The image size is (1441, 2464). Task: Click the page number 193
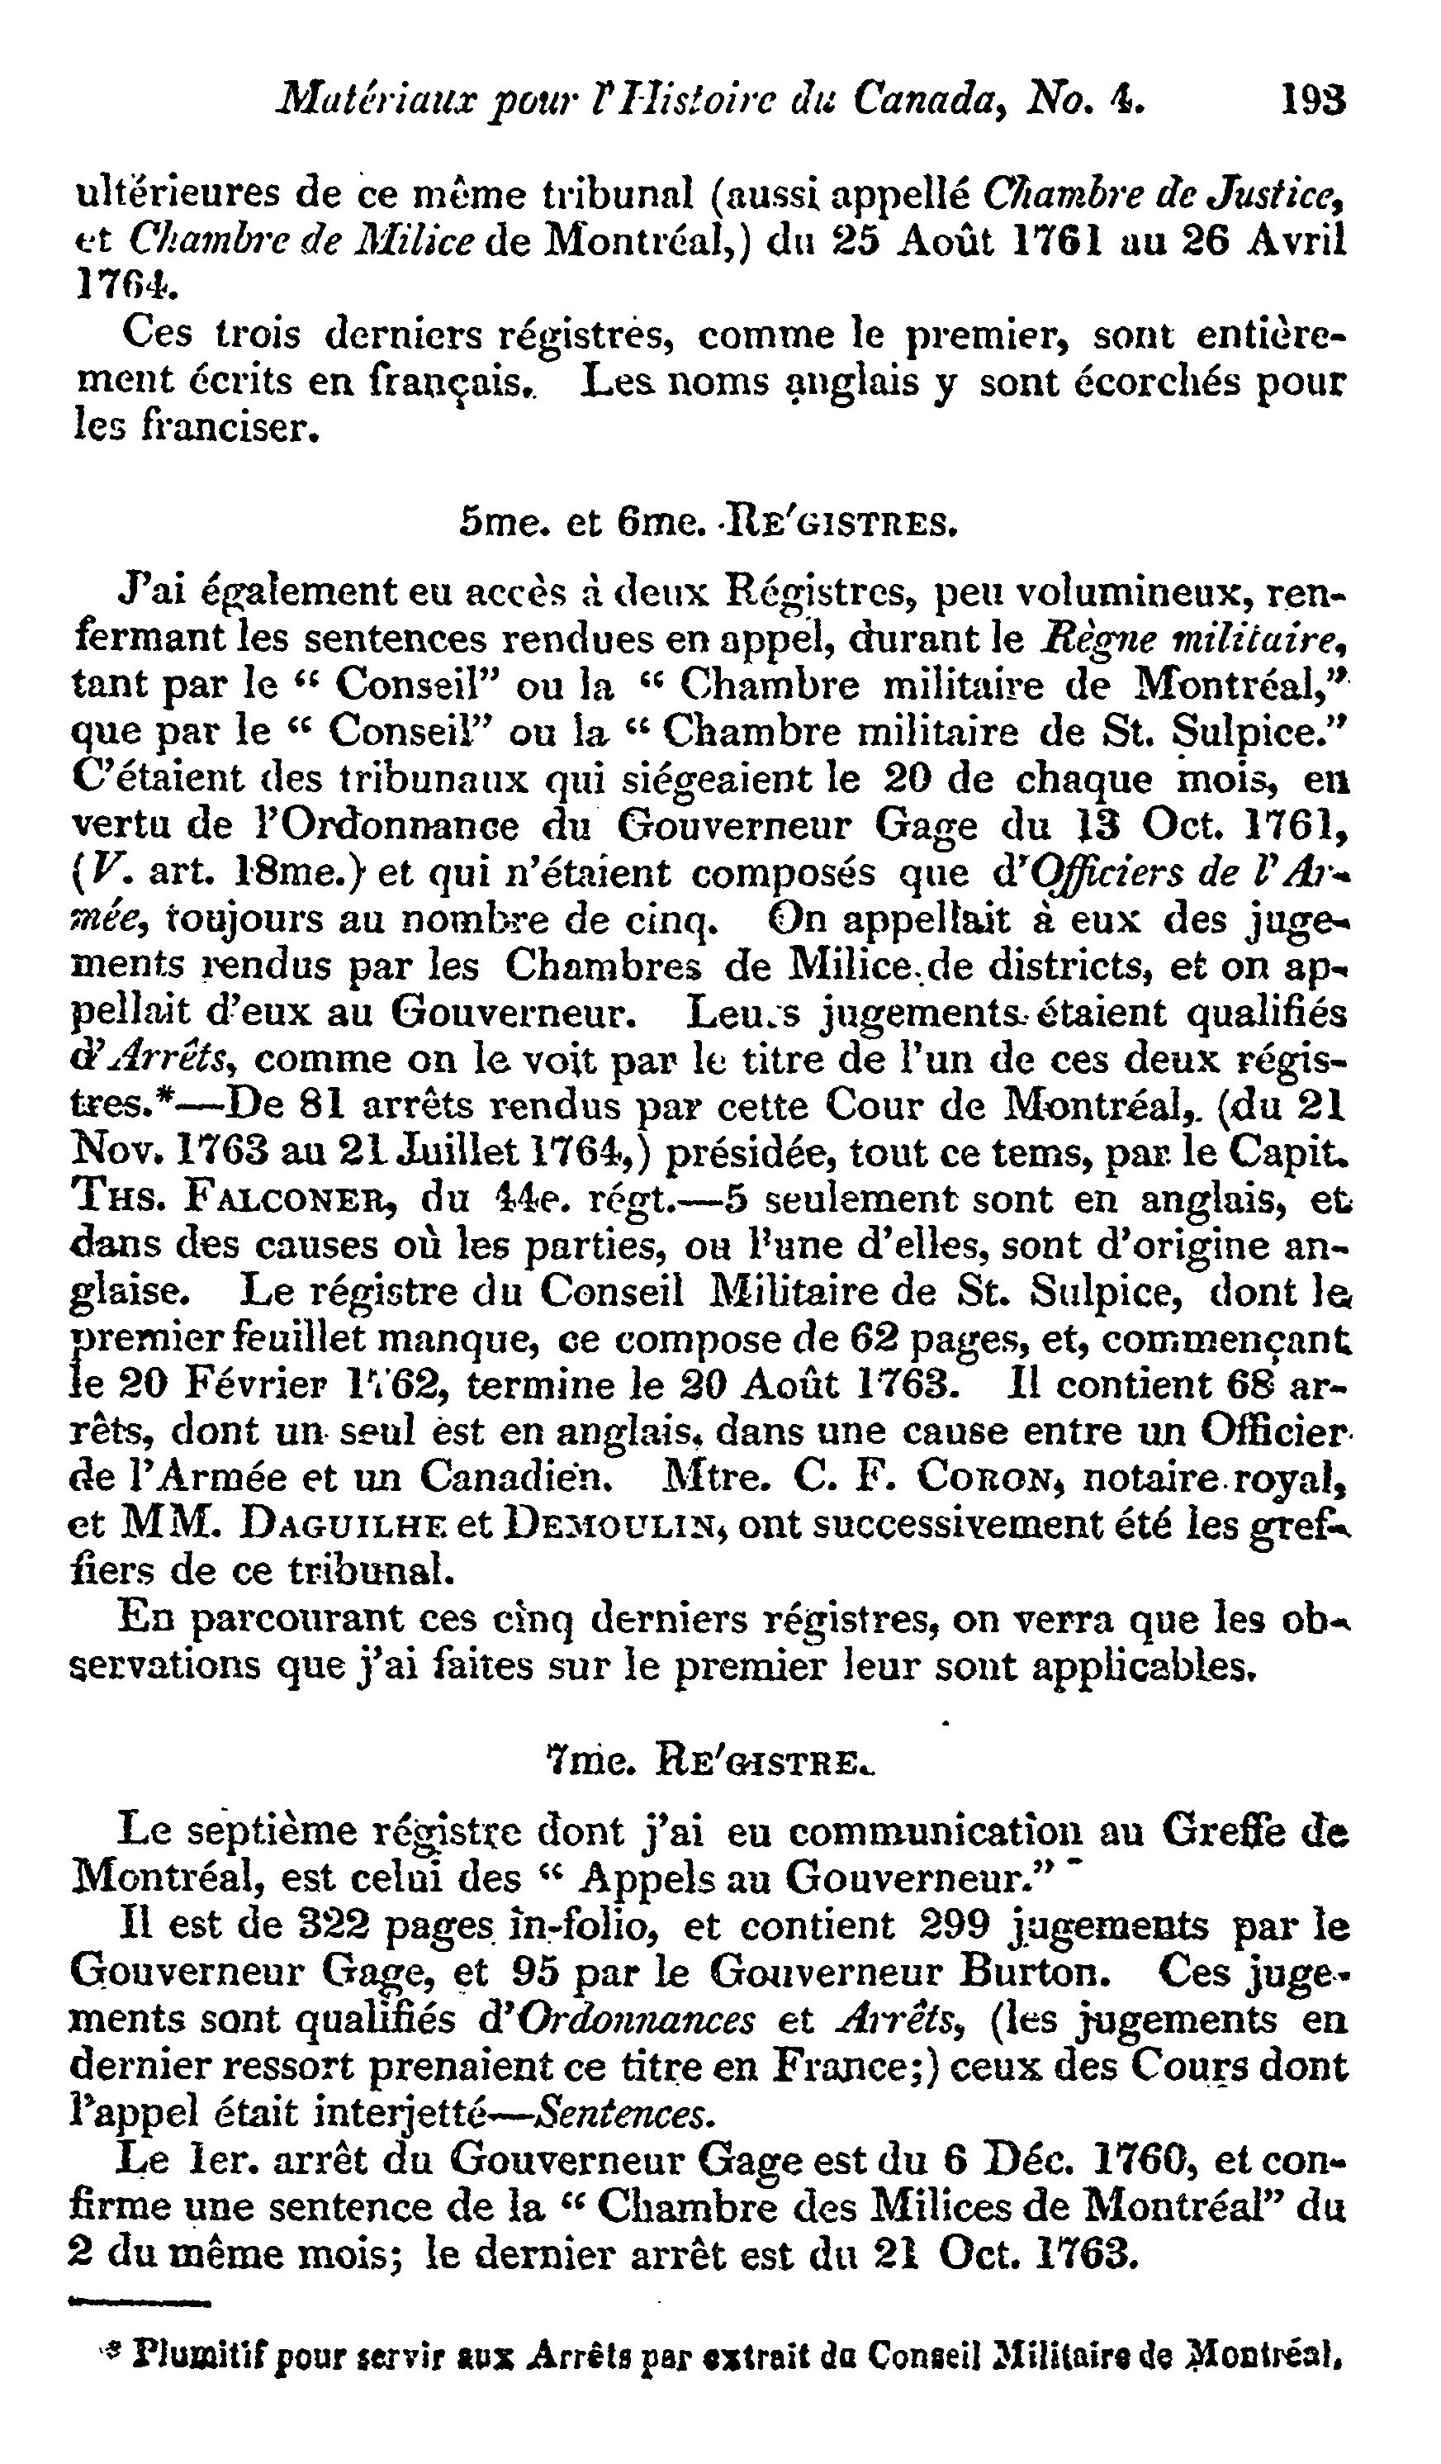click(1313, 99)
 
